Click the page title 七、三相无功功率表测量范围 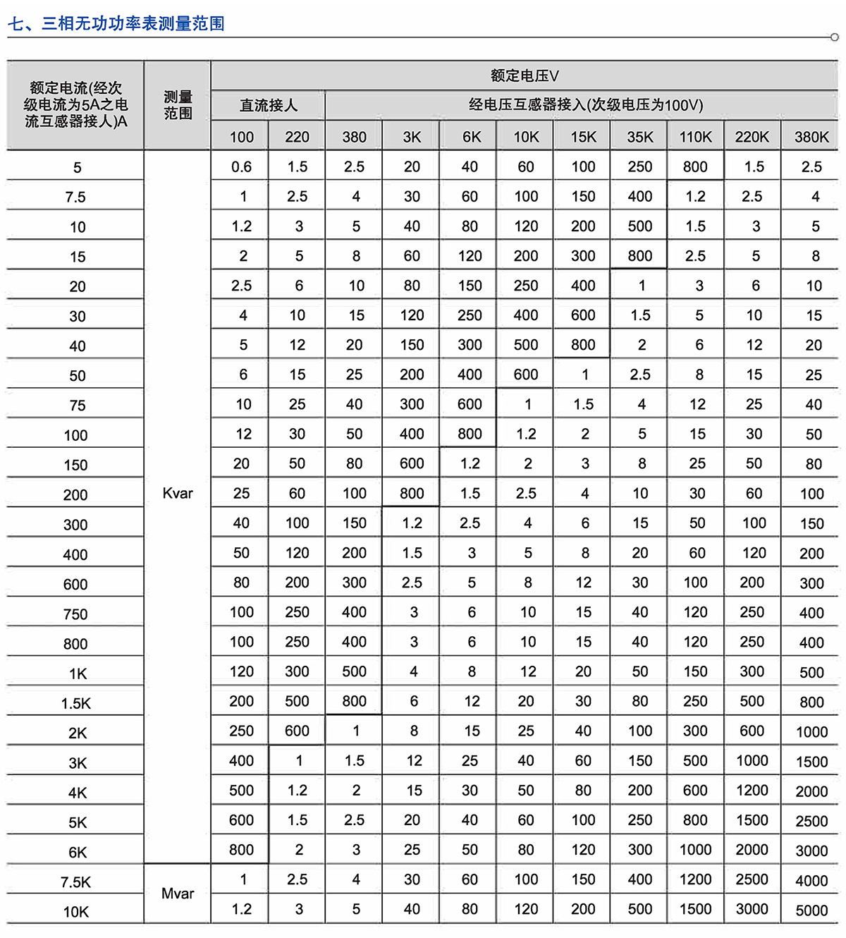click(116, 24)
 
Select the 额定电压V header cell click(525, 76)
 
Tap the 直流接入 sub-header click(269, 106)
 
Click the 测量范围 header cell click(178, 105)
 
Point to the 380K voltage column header click(811, 137)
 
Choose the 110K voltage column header click(696, 137)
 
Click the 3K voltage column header click(412, 137)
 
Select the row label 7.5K click(75, 882)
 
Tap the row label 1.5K click(75, 703)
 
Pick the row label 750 click(75, 614)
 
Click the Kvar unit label click(178, 494)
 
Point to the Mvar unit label click(178, 894)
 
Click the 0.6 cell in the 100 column click(241, 167)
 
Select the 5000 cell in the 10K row click(811, 910)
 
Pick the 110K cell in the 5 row click(695, 167)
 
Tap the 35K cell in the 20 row click(641, 286)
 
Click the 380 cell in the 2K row click(355, 731)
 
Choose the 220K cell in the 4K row click(752, 791)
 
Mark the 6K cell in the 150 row click(470, 464)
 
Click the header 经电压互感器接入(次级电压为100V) click(585, 106)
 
